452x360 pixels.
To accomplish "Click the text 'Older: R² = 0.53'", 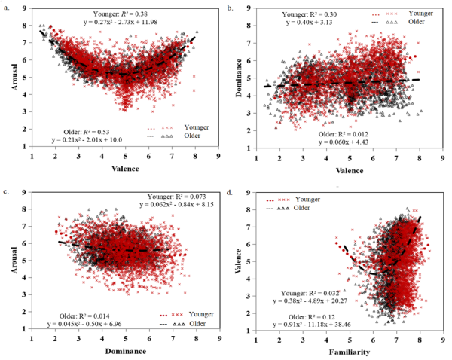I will point(91,129).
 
